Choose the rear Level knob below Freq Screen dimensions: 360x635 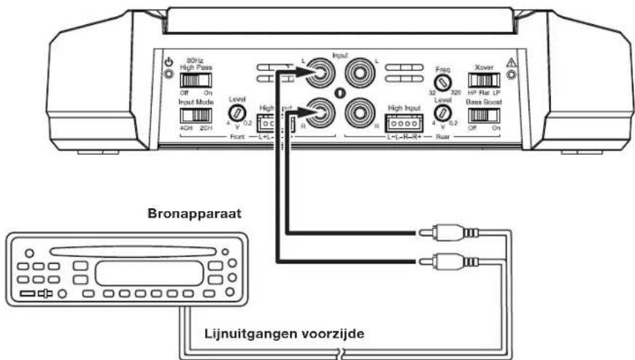(x=441, y=112)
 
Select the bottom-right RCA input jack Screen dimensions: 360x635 (x=358, y=112)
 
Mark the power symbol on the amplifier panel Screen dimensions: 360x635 (x=169, y=63)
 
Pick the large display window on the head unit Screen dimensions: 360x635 (x=147, y=273)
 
